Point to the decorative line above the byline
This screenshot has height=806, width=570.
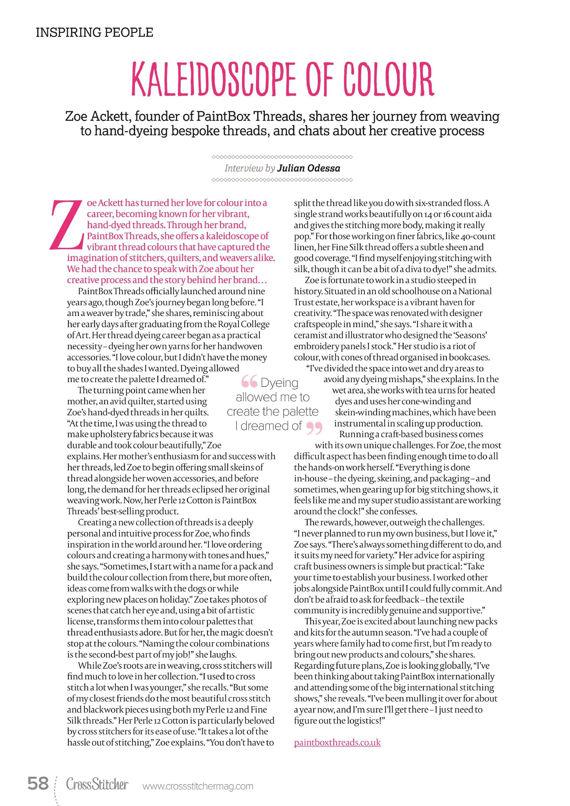pyautogui.click(x=282, y=157)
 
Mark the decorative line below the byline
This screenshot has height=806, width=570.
pyautogui.click(x=282, y=180)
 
